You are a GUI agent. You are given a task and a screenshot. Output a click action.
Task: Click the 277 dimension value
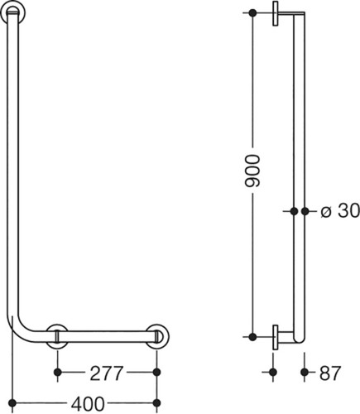[x=106, y=373]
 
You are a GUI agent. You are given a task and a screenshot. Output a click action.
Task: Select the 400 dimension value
[x=88, y=404]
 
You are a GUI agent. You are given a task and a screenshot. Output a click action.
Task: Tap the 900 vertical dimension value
[x=252, y=171]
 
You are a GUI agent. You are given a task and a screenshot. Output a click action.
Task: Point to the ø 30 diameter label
[x=340, y=211]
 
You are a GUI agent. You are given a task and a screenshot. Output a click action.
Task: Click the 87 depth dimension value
[x=330, y=373]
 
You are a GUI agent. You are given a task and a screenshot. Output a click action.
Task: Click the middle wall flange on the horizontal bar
[x=57, y=336]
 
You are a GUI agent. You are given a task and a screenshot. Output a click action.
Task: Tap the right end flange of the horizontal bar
[x=157, y=336]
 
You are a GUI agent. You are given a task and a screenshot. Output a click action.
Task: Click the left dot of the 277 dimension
[x=57, y=373]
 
